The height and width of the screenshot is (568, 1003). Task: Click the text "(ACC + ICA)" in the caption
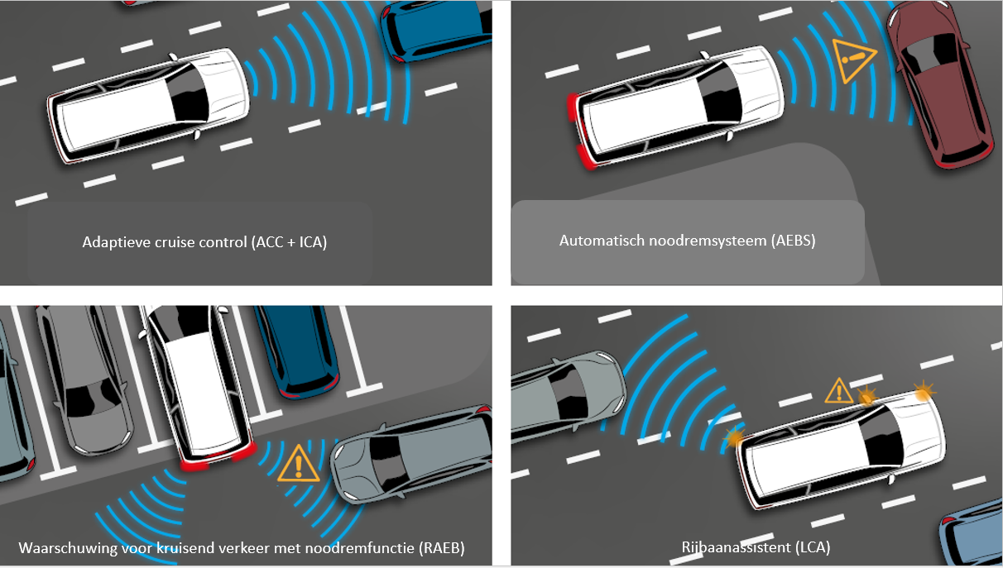[x=289, y=242]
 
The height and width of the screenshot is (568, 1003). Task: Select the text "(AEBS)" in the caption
[x=793, y=241]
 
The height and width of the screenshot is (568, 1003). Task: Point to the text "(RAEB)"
[x=441, y=548]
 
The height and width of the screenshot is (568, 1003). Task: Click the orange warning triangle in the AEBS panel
[x=852, y=60]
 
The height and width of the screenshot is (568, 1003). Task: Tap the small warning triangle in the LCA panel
[x=838, y=391]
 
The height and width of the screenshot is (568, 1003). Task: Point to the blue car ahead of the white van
[x=435, y=28]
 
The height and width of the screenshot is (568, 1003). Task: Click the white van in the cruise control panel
[x=148, y=106]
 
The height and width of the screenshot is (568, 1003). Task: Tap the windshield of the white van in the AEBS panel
[x=721, y=95]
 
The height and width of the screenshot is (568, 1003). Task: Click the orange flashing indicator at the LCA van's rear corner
[x=734, y=437]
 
